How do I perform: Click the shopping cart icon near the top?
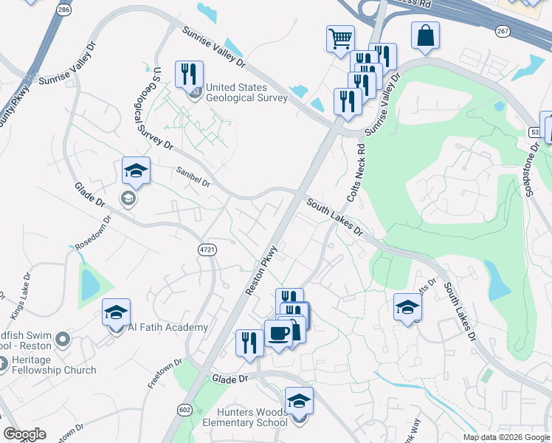[x=340, y=38]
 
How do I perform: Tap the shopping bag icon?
[x=426, y=35]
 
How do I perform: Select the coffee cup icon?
[x=278, y=333]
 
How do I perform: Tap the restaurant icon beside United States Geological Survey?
[x=189, y=74]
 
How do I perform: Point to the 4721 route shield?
[x=207, y=250]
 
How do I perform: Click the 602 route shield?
[x=184, y=409]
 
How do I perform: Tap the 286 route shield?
[x=64, y=10]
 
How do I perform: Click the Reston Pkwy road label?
[x=261, y=269]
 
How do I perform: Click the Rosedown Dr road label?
[x=92, y=233]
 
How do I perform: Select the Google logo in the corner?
[x=24, y=434]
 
